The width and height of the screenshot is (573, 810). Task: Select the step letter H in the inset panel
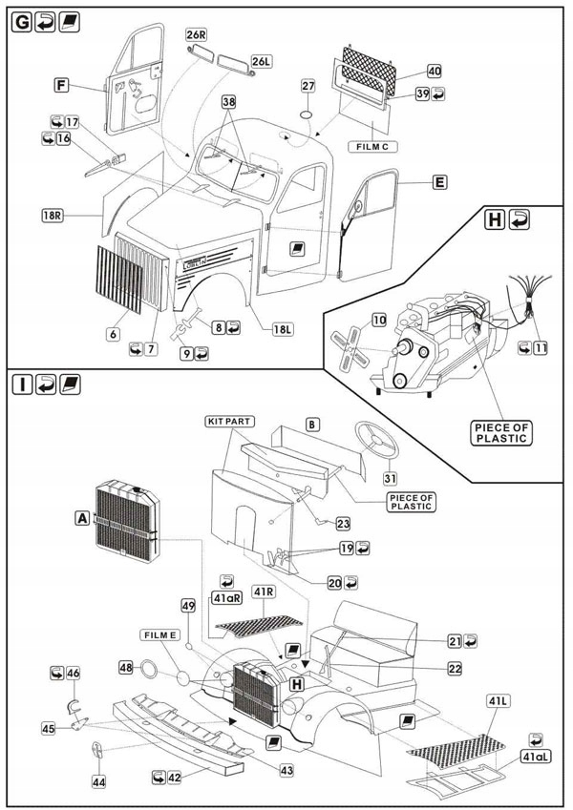click(x=495, y=220)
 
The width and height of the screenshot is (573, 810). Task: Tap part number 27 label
click(x=308, y=87)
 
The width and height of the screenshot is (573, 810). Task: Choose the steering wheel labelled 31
click(x=377, y=442)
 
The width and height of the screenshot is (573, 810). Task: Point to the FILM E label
click(x=162, y=634)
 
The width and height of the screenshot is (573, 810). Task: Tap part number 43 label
click(x=286, y=769)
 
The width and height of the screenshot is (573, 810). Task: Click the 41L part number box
click(x=495, y=701)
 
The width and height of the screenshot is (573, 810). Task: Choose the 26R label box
click(x=197, y=35)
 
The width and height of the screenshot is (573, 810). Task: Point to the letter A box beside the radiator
click(x=82, y=517)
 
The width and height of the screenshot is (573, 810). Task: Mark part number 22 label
click(x=455, y=669)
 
